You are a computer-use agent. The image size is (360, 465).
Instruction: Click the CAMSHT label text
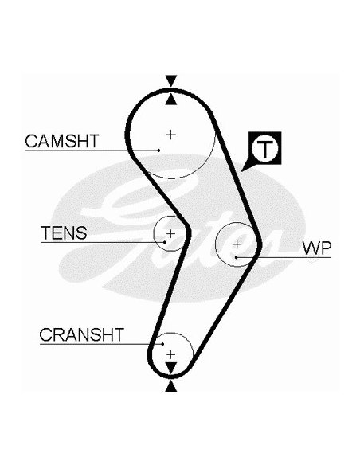click(62, 141)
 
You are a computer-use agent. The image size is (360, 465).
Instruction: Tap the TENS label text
click(64, 232)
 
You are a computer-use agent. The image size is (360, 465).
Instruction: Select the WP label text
click(317, 248)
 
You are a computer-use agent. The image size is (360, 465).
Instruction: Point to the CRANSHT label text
click(81, 334)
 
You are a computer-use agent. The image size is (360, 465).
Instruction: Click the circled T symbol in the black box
click(264, 147)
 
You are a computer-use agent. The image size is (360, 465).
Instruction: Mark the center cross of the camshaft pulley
click(170, 135)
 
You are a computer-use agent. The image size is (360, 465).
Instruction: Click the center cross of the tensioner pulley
click(170, 234)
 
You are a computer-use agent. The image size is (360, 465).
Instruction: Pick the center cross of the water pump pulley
click(237, 244)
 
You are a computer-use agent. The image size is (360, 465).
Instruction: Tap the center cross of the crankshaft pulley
click(170, 354)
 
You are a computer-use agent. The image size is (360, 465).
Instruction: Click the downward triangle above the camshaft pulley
click(171, 80)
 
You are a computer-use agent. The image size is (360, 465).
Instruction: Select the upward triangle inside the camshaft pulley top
click(171, 100)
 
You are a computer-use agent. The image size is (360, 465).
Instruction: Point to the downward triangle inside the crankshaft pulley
click(171, 367)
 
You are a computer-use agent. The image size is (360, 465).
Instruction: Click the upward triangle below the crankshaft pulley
click(171, 387)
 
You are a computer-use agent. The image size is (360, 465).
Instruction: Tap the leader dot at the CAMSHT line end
click(159, 150)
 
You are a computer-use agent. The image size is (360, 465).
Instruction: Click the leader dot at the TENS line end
click(165, 242)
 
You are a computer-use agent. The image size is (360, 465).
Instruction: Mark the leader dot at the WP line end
click(236, 257)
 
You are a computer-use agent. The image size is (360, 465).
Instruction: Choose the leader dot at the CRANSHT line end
click(162, 344)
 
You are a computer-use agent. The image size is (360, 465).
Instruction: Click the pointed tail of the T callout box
click(241, 171)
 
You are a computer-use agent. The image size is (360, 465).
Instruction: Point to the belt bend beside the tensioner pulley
click(188, 232)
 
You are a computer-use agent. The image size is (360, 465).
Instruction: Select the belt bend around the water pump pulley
click(259, 245)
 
